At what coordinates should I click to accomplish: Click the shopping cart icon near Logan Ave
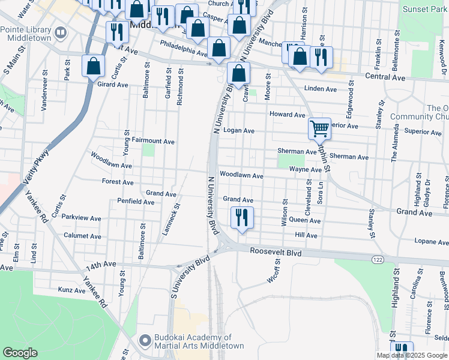click(320, 128)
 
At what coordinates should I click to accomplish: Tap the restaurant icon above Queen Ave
click(242, 217)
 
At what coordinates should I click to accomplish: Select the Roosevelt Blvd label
click(276, 253)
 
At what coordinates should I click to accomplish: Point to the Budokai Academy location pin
click(144, 341)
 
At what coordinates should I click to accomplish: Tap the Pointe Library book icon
click(60, 32)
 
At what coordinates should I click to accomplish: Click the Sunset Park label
click(423, 10)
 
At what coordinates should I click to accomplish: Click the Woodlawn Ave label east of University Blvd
click(241, 176)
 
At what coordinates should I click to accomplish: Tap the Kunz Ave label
click(73, 290)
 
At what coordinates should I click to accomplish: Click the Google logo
click(20, 353)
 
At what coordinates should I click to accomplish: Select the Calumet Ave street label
click(82, 236)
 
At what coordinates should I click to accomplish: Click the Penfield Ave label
click(135, 202)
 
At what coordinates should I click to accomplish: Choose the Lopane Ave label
click(431, 241)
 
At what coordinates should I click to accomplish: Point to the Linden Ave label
click(321, 89)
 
